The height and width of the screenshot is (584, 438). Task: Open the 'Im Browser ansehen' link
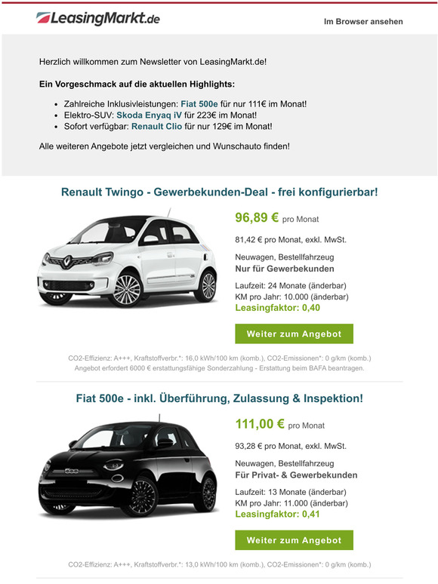363,22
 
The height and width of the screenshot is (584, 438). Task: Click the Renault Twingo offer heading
219,192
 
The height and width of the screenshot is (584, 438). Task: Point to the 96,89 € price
257,218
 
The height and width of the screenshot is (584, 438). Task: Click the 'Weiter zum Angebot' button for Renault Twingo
294,333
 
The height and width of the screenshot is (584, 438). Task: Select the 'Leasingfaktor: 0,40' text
277,308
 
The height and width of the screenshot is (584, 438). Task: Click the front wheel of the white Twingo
126,287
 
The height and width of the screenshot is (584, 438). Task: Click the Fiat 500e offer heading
219,398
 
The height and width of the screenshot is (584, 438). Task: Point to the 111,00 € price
259,424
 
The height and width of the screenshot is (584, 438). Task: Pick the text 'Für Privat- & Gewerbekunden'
296,475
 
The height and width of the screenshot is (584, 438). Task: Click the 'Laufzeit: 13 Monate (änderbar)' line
291,492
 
